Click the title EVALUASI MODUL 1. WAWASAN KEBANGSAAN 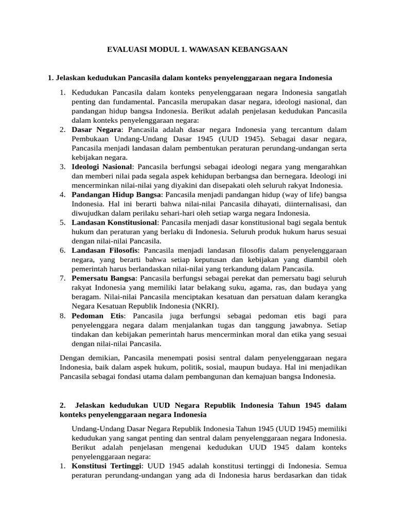tap(197, 49)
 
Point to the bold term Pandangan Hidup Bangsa tap(117, 195)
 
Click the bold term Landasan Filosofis tap(105, 250)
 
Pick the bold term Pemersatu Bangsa tap(104, 278)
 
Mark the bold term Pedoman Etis tap(97, 315)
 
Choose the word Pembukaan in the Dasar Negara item tap(91, 139)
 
